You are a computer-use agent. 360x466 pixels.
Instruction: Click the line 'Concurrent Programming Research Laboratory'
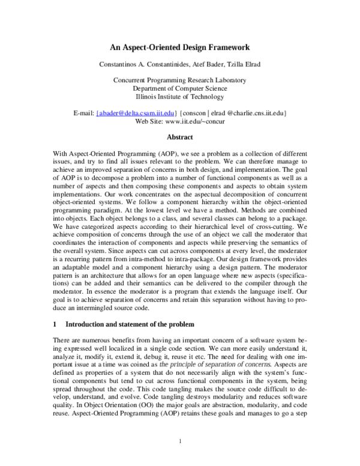(x=179, y=80)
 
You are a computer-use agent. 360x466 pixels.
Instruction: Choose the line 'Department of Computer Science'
(x=179, y=88)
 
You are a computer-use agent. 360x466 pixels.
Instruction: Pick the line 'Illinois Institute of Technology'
(x=179, y=97)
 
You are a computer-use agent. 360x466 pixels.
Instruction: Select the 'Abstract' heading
(x=179, y=137)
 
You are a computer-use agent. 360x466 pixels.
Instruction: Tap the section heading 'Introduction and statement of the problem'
(x=130, y=324)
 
